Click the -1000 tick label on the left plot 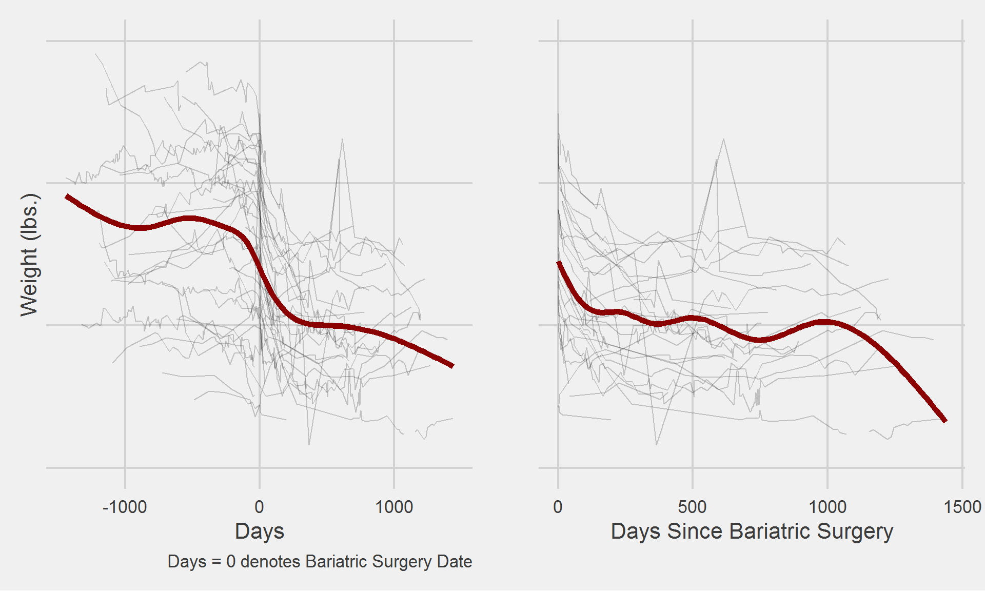(125, 507)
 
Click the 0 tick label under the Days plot (259, 507)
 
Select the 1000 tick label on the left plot (393, 507)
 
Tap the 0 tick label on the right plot (558, 507)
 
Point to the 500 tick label (692, 507)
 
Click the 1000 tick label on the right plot (827, 507)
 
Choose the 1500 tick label (962, 507)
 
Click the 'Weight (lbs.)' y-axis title (29, 254)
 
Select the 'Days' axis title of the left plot (259, 531)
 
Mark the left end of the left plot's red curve (67, 196)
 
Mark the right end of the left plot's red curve (452, 366)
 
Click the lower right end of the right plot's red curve (945, 421)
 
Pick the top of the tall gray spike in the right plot (723, 139)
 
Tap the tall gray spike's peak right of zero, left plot (342, 139)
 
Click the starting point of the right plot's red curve (559, 262)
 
